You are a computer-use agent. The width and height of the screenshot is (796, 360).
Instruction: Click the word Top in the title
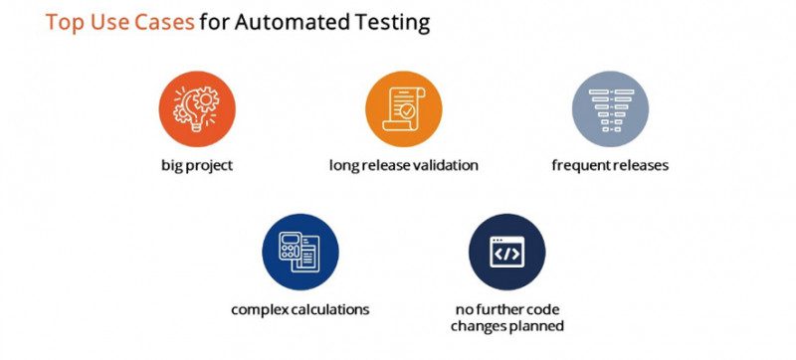(67, 22)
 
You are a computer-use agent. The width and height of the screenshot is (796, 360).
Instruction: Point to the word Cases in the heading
(161, 22)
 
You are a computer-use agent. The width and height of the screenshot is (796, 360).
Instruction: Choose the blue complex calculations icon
(299, 253)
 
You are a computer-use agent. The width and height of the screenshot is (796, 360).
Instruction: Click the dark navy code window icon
(506, 253)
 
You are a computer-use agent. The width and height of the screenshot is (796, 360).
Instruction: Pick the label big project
(196, 165)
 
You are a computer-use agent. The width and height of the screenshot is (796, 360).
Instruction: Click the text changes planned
(506, 326)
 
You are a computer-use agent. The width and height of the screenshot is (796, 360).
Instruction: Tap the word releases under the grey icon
(638, 165)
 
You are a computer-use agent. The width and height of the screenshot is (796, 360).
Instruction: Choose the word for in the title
(213, 22)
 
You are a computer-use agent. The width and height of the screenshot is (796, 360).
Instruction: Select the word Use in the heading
(110, 22)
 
